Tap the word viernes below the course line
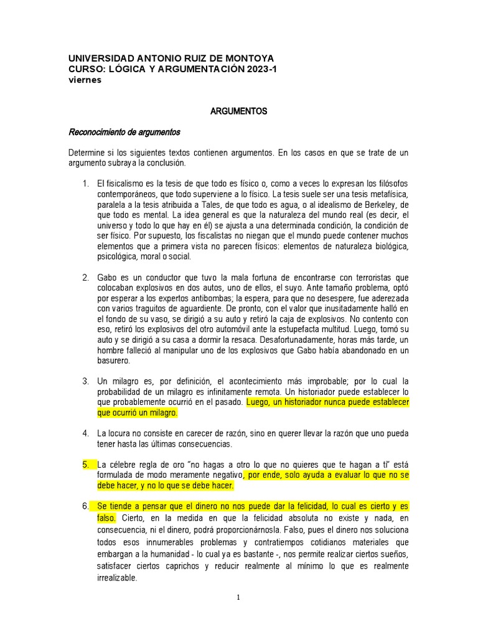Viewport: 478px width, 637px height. tap(85, 80)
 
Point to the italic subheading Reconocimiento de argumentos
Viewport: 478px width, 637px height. tap(124, 132)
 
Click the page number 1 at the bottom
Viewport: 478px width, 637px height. tap(238, 598)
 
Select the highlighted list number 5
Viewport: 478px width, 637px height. tap(86, 465)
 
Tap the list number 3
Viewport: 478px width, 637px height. tap(86, 381)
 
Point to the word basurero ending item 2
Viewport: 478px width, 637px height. tap(114, 361)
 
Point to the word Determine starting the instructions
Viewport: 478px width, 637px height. tap(88, 152)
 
